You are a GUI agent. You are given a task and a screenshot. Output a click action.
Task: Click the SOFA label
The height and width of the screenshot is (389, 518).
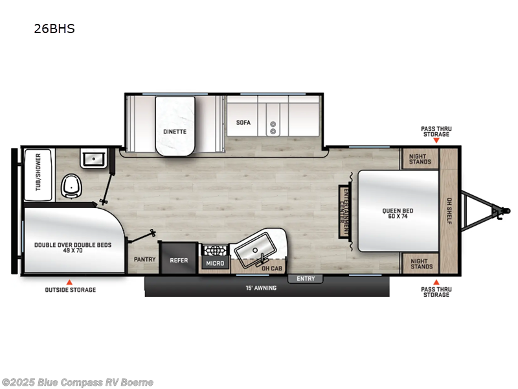(243, 123)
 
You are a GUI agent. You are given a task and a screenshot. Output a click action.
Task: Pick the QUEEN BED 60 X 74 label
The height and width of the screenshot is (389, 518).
(398, 213)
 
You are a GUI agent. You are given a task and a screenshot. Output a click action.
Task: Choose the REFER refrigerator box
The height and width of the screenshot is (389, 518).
(179, 260)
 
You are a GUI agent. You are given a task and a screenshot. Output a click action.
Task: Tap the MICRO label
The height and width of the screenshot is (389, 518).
(215, 263)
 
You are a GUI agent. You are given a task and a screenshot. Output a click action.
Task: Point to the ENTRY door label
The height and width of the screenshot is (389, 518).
(306, 279)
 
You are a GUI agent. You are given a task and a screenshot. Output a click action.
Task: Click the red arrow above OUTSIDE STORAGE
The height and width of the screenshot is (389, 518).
(69, 281)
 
